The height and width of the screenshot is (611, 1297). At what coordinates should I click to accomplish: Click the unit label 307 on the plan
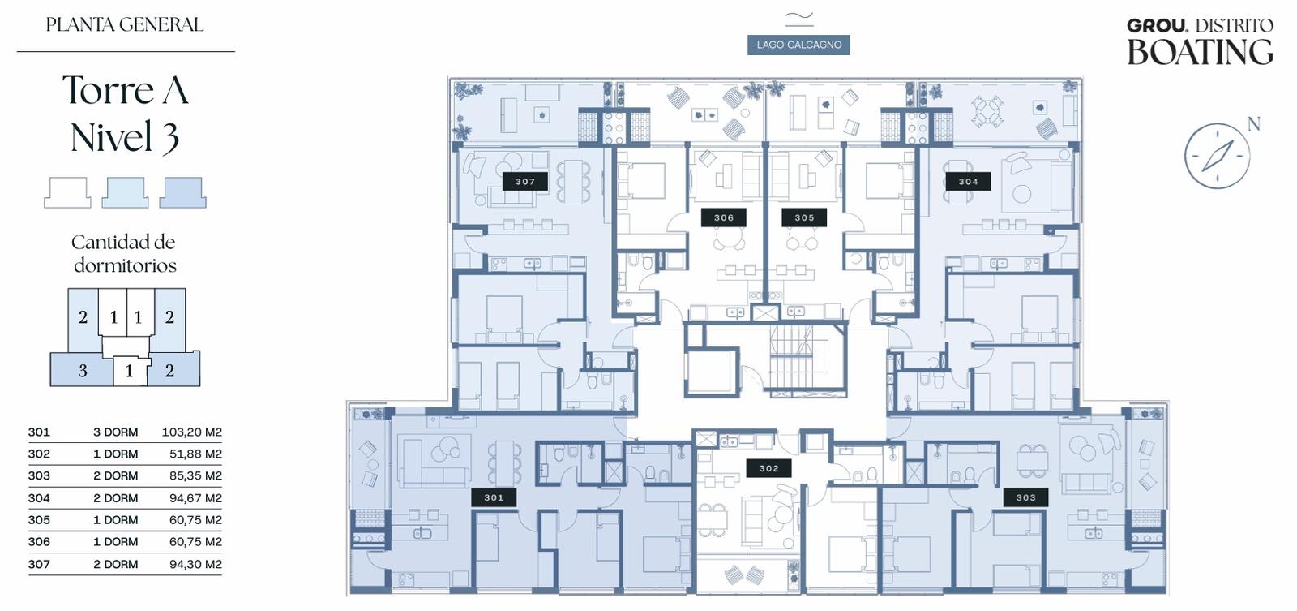tap(525, 182)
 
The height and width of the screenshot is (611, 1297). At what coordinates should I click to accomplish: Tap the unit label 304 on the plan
tap(968, 182)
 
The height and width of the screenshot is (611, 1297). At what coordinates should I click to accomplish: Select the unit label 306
tap(724, 217)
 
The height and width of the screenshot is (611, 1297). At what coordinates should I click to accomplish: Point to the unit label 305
tap(804, 217)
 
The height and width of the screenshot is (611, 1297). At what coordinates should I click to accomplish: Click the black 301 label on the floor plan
tap(494, 497)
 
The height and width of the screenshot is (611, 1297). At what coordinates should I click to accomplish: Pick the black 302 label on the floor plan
tap(769, 468)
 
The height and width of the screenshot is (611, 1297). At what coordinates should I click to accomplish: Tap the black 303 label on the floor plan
tap(1025, 497)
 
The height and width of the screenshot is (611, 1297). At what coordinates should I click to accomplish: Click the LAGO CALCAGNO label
tap(798, 45)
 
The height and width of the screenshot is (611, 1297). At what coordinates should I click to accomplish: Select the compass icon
tap(1217, 155)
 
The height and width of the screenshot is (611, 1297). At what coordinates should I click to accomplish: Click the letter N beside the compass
tap(1253, 124)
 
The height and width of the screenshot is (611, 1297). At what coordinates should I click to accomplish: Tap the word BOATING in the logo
tap(1200, 52)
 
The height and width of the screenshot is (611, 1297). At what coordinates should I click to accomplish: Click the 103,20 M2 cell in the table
tap(191, 432)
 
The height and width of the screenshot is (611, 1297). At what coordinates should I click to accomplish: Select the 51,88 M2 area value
tap(195, 454)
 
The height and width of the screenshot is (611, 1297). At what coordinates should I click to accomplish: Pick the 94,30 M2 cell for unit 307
tap(195, 564)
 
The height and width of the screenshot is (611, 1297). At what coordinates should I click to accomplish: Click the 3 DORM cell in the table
tap(116, 432)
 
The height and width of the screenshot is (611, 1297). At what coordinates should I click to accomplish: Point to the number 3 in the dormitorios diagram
tap(83, 371)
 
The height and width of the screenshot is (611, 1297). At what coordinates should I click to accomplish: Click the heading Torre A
tap(125, 90)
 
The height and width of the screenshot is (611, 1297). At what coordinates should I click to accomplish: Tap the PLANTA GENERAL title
tap(125, 25)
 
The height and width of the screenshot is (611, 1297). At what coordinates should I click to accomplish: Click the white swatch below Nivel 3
tap(67, 192)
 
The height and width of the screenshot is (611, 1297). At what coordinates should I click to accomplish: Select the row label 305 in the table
tap(39, 520)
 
